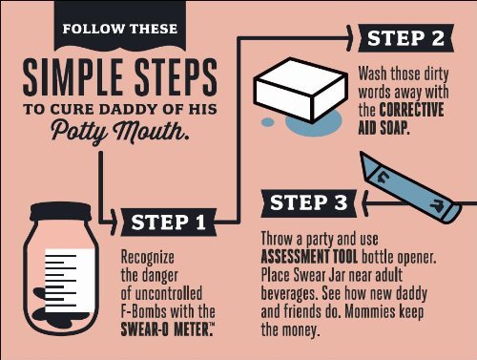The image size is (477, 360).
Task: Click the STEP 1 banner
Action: [x=169, y=222]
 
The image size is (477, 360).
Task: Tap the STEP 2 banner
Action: [x=405, y=38]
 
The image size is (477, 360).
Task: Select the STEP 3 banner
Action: [x=309, y=203]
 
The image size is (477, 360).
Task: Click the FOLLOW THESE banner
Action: [x=120, y=26]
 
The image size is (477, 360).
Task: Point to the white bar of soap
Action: [x=301, y=90]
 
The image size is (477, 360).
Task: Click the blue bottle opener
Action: [x=410, y=188]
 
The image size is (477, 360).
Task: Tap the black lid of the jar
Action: [x=61, y=212]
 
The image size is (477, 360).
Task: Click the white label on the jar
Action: [x=70, y=281]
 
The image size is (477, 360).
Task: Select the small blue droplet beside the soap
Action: [x=268, y=122]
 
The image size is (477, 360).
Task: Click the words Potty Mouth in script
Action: [x=120, y=131]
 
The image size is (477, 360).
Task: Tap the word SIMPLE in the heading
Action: [x=73, y=77]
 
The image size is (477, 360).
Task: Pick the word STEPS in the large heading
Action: [x=176, y=77]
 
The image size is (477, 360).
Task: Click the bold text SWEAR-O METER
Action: [x=166, y=329]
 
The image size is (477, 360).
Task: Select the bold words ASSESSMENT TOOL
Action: [x=309, y=257]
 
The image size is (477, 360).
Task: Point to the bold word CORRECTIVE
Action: [x=411, y=110]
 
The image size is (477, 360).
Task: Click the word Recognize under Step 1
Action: [x=148, y=257]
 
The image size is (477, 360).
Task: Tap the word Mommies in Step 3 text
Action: [x=369, y=311]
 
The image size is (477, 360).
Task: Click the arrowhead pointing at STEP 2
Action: [x=349, y=38]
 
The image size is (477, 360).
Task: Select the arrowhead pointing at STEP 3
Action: [x=365, y=203]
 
